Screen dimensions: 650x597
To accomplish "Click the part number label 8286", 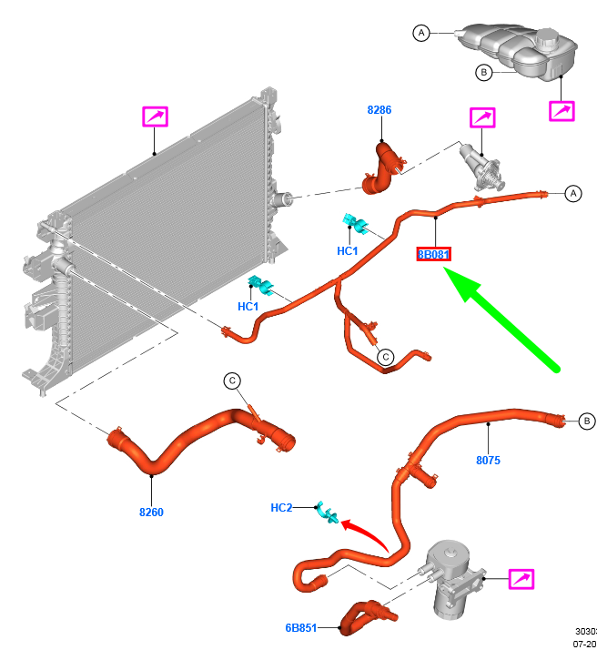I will coord(379,110).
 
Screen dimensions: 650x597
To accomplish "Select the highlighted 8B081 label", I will coord(433,255).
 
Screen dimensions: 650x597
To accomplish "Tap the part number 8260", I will coord(151,513).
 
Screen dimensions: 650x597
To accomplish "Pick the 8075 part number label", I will coord(488,461).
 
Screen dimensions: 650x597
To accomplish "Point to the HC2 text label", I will coord(282,507).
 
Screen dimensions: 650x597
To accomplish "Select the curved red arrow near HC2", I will coord(364,531).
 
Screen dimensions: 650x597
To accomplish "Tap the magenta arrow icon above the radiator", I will coord(155,117).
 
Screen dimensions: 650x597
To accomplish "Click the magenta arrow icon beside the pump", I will coord(521,579).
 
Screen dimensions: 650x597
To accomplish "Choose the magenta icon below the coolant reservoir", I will coord(562,111).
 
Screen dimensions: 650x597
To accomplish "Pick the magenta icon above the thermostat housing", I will coord(481,118).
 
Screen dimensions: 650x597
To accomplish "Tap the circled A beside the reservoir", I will coord(420,34).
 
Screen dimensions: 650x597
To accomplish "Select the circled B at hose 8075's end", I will coord(587,421).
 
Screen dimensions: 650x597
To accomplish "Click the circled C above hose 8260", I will coord(232,381).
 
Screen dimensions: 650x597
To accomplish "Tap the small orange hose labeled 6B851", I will coord(366,614).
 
